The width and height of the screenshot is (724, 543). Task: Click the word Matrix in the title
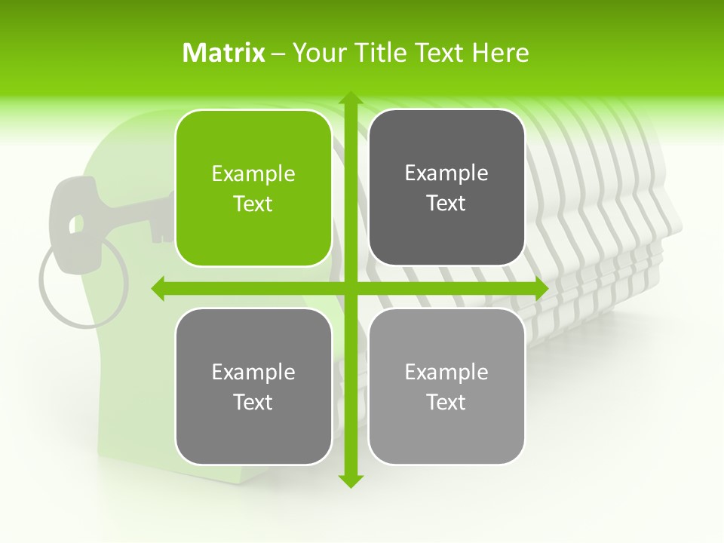click(224, 53)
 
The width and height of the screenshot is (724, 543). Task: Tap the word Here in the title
click(500, 53)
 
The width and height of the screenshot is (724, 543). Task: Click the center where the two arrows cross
click(349, 288)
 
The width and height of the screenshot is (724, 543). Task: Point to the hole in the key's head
click(75, 223)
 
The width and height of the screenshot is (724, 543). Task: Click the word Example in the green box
click(253, 174)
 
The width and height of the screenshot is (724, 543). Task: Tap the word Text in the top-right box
click(446, 204)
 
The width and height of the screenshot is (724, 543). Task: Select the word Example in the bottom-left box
click(253, 373)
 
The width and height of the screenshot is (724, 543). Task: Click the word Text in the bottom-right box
click(446, 403)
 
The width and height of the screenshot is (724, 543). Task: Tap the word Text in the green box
click(253, 204)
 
